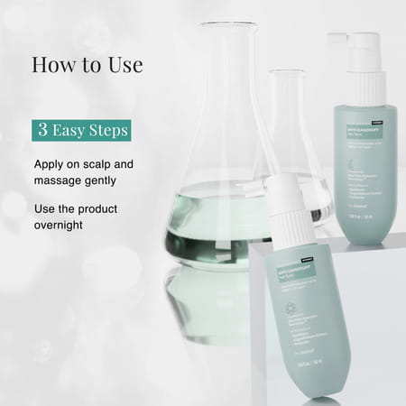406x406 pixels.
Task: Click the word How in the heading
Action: coord(53,65)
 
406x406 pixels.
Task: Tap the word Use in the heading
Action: coord(122,65)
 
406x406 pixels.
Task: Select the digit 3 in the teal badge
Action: coord(43,130)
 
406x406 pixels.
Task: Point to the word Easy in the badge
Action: coord(70,130)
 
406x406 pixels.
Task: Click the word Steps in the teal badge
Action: coord(107,130)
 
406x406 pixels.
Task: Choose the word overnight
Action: coord(62,225)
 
